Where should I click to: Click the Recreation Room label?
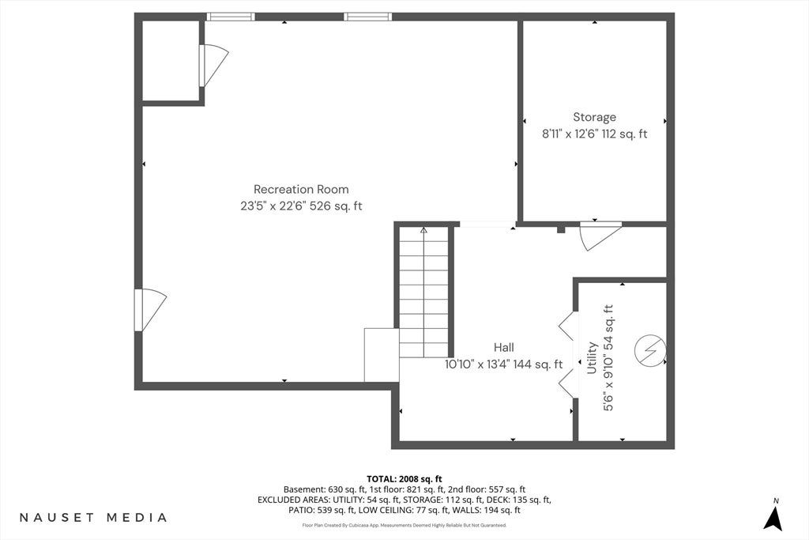pyautogui.click(x=301, y=190)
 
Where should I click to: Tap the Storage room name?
pyautogui.click(x=594, y=117)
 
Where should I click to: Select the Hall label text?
pyautogui.click(x=503, y=347)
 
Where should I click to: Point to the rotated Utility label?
pyautogui.click(x=592, y=357)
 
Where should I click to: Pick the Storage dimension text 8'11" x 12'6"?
pyautogui.click(x=570, y=134)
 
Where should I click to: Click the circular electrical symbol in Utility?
pyautogui.click(x=650, y=351)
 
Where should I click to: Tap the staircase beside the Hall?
pyautogui.click(x=424, y=292)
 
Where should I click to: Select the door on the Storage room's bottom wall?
pyautogui.click(x=600, y=236)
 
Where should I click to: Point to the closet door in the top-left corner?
pyautogui.click(x=213, y=66)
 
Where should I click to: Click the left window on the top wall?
pyautogui.click(x=231, y=17)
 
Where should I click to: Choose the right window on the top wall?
pyautogui.click(x=368, y=17)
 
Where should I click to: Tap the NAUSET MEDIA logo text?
pyautogui.click(x=93, y=517)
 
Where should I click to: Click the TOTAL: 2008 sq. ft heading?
pyautogui.click(x=404, y=479)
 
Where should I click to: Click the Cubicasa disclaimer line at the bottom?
pyautogui.click(x=404, y=525)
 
